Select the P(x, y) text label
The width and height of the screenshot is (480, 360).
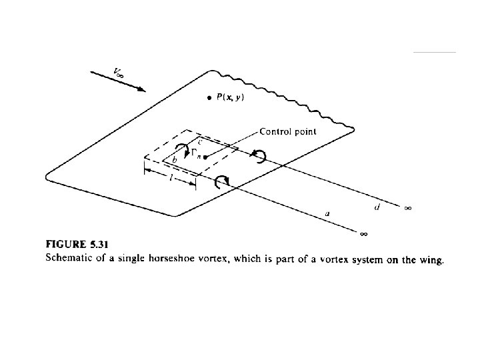pos(230,97)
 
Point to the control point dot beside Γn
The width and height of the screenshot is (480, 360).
pos(207,157)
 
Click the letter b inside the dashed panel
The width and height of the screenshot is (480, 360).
pos(175,161)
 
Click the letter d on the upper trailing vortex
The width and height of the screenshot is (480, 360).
pos(377,207)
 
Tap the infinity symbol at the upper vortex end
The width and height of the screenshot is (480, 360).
pos(408,208)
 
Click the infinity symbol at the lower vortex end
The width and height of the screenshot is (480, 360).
pos(363,234)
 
